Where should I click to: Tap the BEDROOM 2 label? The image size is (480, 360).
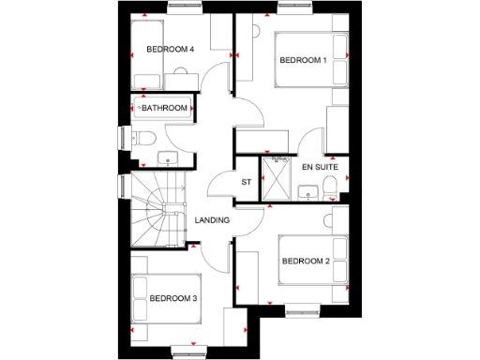coord(305,260)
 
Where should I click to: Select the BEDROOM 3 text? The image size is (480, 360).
coord(172,299)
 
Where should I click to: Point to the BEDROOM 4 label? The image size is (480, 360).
coord(169,49)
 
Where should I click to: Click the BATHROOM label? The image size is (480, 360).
coord(165,109)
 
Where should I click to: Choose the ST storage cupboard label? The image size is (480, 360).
coord(247,182)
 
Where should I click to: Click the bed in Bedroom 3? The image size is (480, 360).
coord(167,300)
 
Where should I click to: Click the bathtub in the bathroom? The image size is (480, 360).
coord(165,108)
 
